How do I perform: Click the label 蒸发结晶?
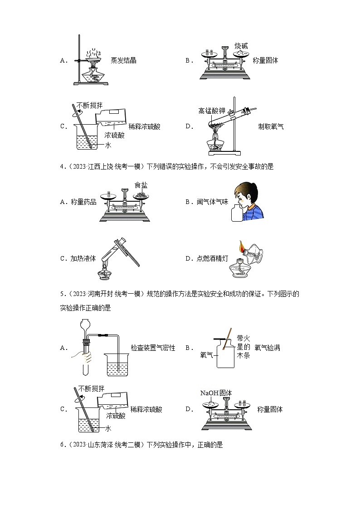(x=123, y=60)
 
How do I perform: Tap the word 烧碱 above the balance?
(x=241, y=46)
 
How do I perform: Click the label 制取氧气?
(x=271, y=126)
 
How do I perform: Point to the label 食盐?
(x=141, y=185)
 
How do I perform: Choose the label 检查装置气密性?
(x=153, y=348)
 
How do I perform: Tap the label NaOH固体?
(x=216, y=393)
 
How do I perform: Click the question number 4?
(x=62, y=166)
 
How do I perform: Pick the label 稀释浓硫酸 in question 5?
(x=146, y=409)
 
